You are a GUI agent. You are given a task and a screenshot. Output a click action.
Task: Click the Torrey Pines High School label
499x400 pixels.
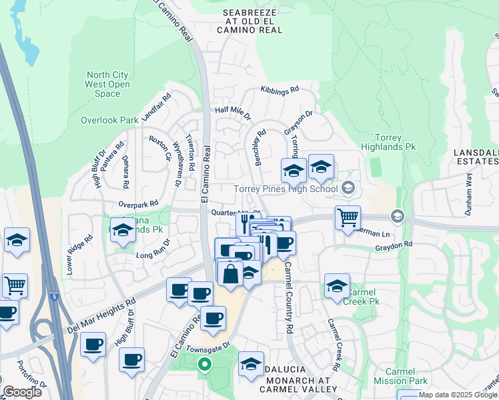click(286, 189)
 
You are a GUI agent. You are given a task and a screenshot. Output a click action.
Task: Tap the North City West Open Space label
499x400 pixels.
click(107, 85)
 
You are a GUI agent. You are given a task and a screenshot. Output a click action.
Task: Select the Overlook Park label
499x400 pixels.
click(109, 121)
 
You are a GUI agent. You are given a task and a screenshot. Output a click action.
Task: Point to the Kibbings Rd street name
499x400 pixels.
click(280, 89)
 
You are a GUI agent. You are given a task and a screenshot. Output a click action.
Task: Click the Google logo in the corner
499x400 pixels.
click(22, 392)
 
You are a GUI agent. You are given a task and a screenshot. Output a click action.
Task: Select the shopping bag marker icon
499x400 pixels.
click(230, 274)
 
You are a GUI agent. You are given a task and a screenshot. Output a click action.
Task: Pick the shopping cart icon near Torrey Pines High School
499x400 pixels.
click(348, 217)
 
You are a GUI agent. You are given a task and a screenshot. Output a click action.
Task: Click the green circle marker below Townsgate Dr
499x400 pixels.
click(205, 364)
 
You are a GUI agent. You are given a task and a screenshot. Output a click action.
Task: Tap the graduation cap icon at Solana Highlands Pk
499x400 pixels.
click(123, 230)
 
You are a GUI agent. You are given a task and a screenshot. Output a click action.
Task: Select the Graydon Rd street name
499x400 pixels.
click(394, 245)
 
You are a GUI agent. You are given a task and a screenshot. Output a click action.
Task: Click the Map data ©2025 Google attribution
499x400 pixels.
click(458, 395)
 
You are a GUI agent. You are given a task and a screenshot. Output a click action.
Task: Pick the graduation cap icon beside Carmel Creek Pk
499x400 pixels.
click(337, 286)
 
